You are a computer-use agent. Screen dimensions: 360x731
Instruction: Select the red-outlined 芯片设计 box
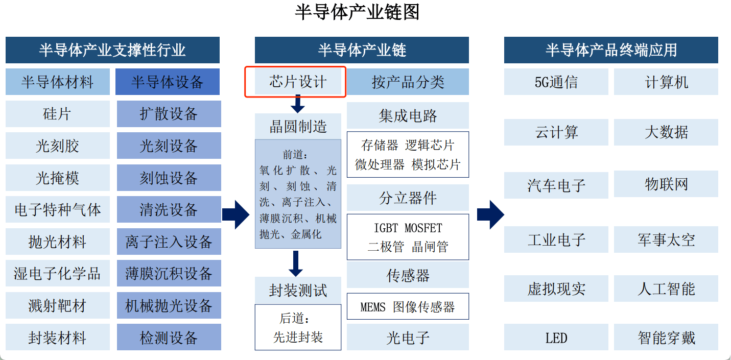pyautogui.click(x=296, y=82)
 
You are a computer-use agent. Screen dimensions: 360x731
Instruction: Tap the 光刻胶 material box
pyautogui.click(x=57, y=146)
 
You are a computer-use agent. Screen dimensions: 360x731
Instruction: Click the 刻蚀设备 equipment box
pyautogui.click(x=169, y=178)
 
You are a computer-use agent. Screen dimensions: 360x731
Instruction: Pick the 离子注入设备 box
pyautogui.click(x=169, y=242)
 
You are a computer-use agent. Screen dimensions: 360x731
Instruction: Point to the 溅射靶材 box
pyautogui.click(x=57, y=306)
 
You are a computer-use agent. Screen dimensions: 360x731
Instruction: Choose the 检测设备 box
pyautogui.click(x=169, y=338)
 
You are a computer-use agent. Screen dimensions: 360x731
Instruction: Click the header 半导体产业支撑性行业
pyautogui.click(x=112, y=50)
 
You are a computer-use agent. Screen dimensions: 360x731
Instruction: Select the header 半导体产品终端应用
pyautogui.click(x=611, y=50)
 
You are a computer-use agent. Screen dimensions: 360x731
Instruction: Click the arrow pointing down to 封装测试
pyautogui.click(x=296, y=263)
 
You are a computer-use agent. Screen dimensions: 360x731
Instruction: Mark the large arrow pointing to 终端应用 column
pyautogui.click(x=490, y=214)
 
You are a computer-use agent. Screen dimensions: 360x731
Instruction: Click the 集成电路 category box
pyautogui.click(x=408, y=115)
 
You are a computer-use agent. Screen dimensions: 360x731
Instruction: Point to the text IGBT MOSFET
pyautogui.click(x=408, y=228)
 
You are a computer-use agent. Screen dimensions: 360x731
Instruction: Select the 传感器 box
pyautogui.click(x=408, y=275)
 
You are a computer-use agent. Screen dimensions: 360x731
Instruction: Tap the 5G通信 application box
pyautogui.click(x=556, y=82)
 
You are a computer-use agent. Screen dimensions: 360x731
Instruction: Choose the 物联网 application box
pyautogui.click(x=666, y=184)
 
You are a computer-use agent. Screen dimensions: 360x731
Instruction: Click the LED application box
pyautogui.click(x=556, y=338)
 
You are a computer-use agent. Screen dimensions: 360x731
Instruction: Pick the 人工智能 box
pyautogui.click(x=666, y=289)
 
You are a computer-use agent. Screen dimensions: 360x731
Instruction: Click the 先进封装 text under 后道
pyautogui.click(x=298, y=337)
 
